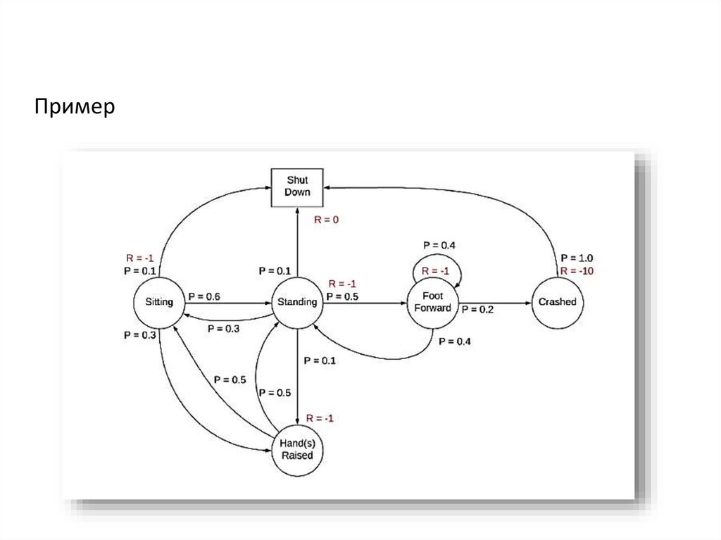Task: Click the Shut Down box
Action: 297,186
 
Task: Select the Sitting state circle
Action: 159,302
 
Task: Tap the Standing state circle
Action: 297,303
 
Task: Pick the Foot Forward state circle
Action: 432,303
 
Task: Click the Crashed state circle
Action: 557,302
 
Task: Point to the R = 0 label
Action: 327,220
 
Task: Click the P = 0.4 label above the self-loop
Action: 439,245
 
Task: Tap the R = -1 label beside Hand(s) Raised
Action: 320,418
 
